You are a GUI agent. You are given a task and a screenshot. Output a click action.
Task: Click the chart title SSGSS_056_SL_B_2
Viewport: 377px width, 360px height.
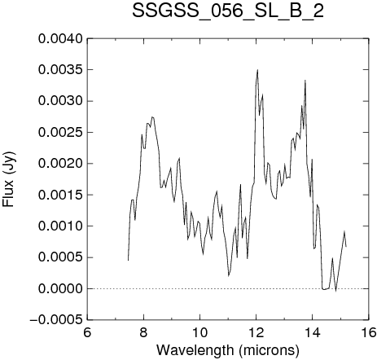click(228, 12)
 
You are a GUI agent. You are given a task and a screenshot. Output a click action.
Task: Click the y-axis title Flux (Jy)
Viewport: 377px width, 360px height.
click(9, 179)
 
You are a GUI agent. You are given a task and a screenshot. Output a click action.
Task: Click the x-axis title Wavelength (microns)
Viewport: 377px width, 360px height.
click(228, 350)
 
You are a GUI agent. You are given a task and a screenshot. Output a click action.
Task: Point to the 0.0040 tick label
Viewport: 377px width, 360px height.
click(60, 39)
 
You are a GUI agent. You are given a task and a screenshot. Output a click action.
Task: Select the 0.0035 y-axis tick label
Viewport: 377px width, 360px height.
click(60, 70)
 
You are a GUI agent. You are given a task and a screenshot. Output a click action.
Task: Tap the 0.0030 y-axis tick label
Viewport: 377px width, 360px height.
click(60, 101)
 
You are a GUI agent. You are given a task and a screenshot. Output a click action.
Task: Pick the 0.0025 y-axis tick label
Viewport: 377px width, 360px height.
click(60, 133)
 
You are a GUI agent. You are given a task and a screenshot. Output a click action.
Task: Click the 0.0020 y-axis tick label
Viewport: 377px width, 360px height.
click(60, 164)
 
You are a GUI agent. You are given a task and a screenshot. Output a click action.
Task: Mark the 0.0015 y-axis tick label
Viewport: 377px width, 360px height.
click(60, 195)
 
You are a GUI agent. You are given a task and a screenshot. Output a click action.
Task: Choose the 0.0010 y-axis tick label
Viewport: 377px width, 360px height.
click(60, 226)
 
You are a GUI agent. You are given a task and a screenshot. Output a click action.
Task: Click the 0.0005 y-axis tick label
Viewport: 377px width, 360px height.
click(60, 257)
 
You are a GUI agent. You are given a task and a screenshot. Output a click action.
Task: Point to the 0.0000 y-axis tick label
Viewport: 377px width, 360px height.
click(60, 288)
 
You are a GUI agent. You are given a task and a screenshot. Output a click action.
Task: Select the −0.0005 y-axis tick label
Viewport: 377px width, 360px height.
click(56, 320)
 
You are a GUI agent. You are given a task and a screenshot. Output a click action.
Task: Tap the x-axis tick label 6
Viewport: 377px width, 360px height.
click(87, 332)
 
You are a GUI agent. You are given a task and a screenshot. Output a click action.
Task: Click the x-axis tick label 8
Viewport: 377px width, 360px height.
click(143, 332)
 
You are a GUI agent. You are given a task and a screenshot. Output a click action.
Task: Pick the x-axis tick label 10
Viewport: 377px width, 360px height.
click(200, 332)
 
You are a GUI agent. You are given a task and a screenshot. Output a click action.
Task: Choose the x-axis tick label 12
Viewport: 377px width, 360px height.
click(256, 332)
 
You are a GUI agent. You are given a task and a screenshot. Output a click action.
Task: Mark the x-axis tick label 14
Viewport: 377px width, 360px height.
click(313, 332)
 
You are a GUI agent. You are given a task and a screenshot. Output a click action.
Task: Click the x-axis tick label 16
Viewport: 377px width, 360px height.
click(369, 332)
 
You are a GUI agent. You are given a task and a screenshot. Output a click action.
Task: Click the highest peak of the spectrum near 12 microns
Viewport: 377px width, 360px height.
click(257, 70)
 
